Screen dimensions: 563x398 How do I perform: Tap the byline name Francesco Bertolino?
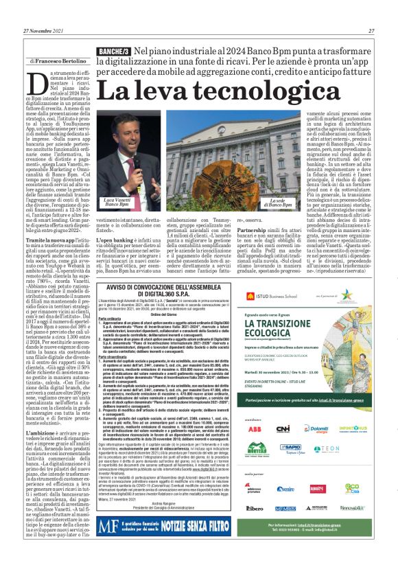pyautogui.click(x=59, y=62)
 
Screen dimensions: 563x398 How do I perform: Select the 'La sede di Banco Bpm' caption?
pyautogui.click(x=280, y=203)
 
